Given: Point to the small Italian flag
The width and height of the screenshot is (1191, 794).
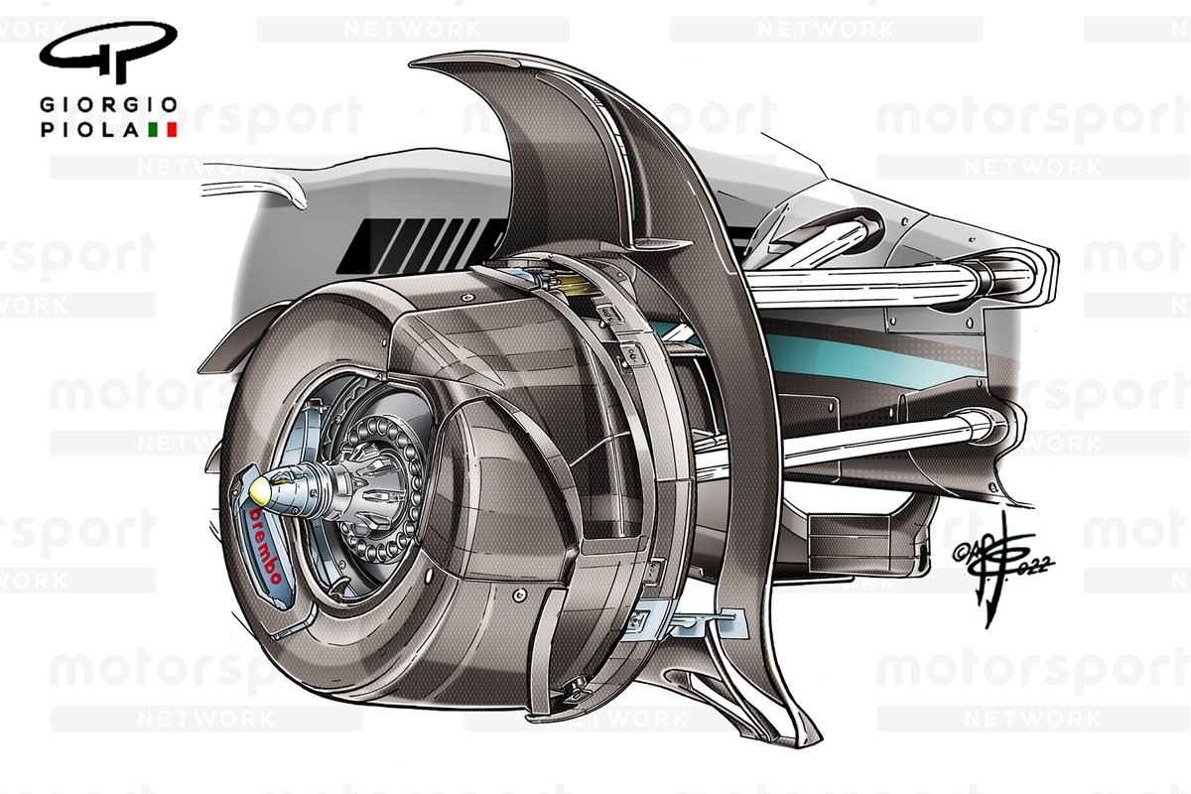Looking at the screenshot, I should coord(162,129).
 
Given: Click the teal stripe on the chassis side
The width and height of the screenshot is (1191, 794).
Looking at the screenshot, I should coord(844,358).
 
